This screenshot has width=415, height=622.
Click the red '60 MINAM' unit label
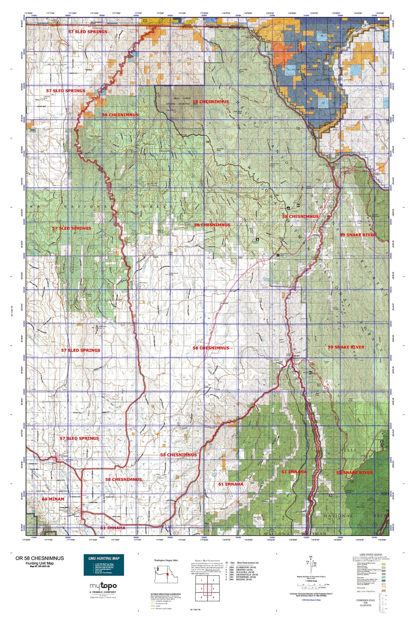pos(53,499)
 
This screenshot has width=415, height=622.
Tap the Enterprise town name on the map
pos(63,456)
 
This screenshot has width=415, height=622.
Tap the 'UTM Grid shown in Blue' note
pos(311,600)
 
